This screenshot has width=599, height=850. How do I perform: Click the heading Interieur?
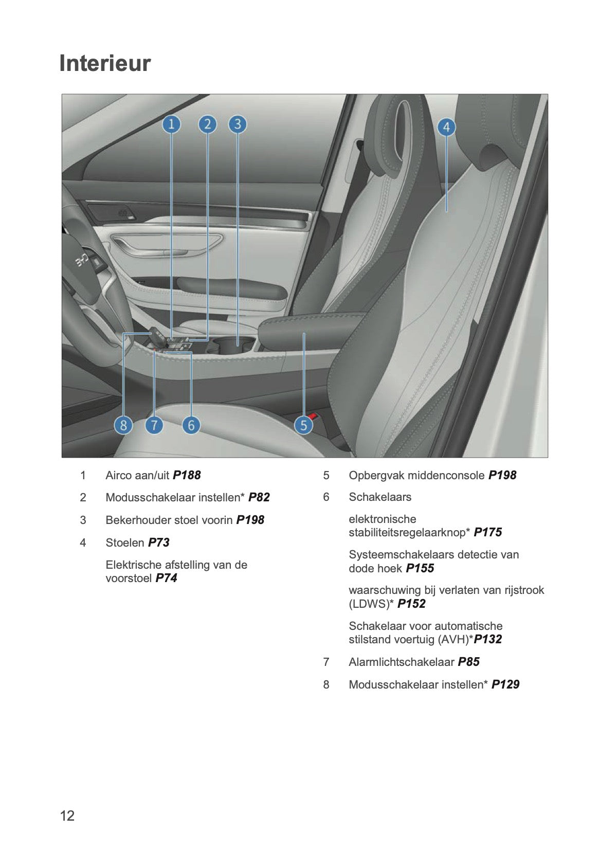point(105,64)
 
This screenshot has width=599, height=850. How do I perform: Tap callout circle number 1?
point(171,124)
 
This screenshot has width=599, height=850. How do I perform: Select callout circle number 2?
point(207,124)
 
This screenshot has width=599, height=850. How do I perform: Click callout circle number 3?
point(238,124)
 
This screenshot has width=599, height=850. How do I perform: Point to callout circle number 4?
point(446,127)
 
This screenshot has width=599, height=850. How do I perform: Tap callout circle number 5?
point(303,425)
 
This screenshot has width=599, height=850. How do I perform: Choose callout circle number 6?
point(191,425)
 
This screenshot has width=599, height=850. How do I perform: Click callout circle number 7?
point(154,425)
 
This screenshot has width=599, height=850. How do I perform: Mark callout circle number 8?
point(123,425)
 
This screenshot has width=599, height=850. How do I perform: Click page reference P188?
point(187,475)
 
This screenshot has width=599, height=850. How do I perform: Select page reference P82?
point(259,497)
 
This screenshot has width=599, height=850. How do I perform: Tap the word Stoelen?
point(125,542)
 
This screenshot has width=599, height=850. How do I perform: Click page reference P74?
point(166,578)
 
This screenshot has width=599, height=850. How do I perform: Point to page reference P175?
point(487,532)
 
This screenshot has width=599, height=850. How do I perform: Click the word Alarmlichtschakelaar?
point(401,662)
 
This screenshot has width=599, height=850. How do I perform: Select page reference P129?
point(505,684)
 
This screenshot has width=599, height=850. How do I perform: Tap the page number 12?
point(67,816)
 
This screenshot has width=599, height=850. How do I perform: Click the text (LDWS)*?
point(371,604)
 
